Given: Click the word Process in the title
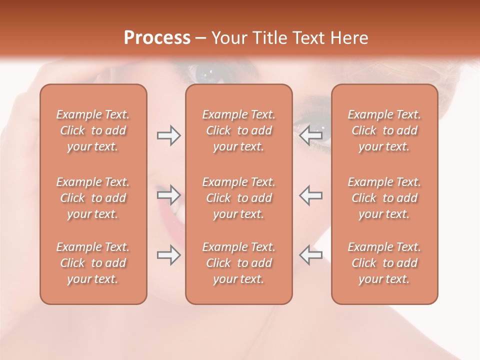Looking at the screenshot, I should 157,37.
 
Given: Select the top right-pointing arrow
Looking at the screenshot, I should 168,135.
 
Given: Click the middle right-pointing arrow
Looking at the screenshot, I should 168,195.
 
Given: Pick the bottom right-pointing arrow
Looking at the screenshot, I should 168,255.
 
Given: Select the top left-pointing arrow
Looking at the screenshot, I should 311,135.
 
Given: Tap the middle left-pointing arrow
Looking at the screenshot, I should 311,195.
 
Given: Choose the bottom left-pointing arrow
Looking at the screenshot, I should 311,255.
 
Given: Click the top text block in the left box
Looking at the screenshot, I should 93,130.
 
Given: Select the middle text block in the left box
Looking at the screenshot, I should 93,198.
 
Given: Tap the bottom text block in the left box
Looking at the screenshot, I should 93,263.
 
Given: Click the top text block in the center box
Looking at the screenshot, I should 238,130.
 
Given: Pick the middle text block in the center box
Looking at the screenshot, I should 238,198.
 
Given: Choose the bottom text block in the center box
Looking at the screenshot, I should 238,263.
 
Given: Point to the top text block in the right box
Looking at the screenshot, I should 384,130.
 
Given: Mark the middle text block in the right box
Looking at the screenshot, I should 384,198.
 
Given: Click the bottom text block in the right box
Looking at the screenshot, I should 384,263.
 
